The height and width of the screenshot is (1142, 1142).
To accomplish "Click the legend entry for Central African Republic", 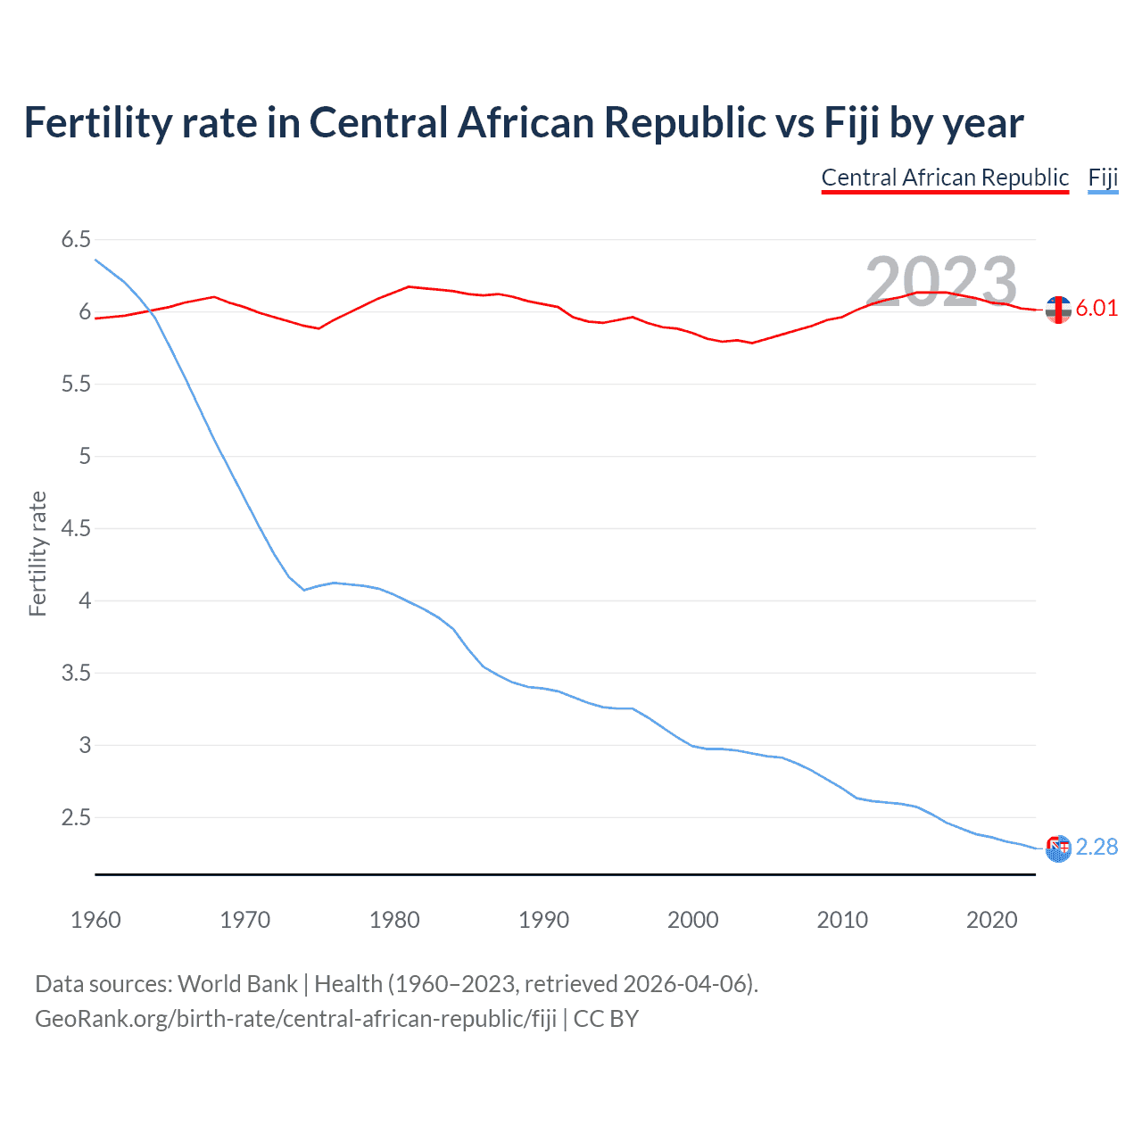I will (x=944, y=178).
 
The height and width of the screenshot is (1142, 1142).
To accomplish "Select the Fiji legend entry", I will (x=1103, y=178).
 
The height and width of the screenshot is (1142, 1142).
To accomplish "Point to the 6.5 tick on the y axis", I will (x=76, y=239).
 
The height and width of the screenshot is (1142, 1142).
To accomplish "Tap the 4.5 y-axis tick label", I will (x=76, y=528).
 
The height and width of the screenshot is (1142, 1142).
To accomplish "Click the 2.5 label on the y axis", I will (x=76, y=817).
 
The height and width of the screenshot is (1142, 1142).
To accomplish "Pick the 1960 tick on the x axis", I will (x=95, y=920).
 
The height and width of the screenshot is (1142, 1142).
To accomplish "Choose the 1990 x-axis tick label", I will (x=543, y=920).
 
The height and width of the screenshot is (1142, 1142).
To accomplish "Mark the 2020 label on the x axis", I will (x=991, y=920).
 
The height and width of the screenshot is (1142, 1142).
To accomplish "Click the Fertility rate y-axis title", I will (x=37, y=553).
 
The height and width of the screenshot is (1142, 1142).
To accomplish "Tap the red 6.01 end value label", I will (x=1096, y=309).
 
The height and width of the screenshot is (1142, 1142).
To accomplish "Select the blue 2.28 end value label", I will (x=1096, y=847).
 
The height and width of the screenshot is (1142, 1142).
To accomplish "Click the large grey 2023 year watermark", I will (x=941, y=282).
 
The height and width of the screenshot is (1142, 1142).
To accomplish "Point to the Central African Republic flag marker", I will (x=1058, y=310).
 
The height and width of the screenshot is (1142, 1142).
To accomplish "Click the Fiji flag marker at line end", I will (x=1058, y=848).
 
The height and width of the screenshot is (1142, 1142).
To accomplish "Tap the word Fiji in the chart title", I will (x=851, y=123).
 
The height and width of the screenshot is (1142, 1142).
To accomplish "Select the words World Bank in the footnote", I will (x=237, y=984).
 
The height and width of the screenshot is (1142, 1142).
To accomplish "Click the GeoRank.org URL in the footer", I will (x=295, y=1019).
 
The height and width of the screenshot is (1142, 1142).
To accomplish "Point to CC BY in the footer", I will (x=606, y=1019).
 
